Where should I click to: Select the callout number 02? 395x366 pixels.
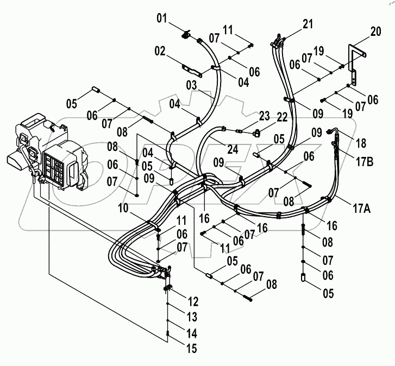tap(159, 52)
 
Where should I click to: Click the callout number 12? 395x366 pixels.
tap(194, 301)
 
